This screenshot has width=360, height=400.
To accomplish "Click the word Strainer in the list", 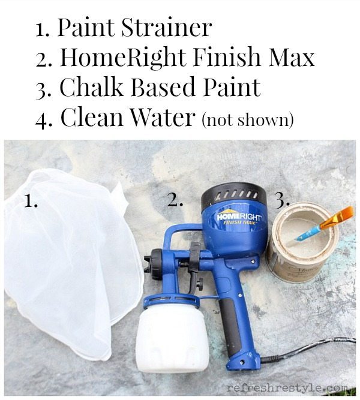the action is click(x=166, y=28).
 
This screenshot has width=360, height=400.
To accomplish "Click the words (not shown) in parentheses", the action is click(x=247, y=119).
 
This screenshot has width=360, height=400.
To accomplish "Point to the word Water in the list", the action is click(x=163, y=117).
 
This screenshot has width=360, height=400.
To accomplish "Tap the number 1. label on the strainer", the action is click(x=31, y=200).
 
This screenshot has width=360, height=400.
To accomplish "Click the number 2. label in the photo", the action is click(x=175, y=200).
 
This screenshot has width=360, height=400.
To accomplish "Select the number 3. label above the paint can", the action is click(x=281, y=200).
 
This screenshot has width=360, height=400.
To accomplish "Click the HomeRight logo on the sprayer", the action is click(x=239, y=218).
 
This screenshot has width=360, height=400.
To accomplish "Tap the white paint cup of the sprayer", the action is click(x=173, y=338).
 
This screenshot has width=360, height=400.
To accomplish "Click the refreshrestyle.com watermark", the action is click(x=287, y=389).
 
